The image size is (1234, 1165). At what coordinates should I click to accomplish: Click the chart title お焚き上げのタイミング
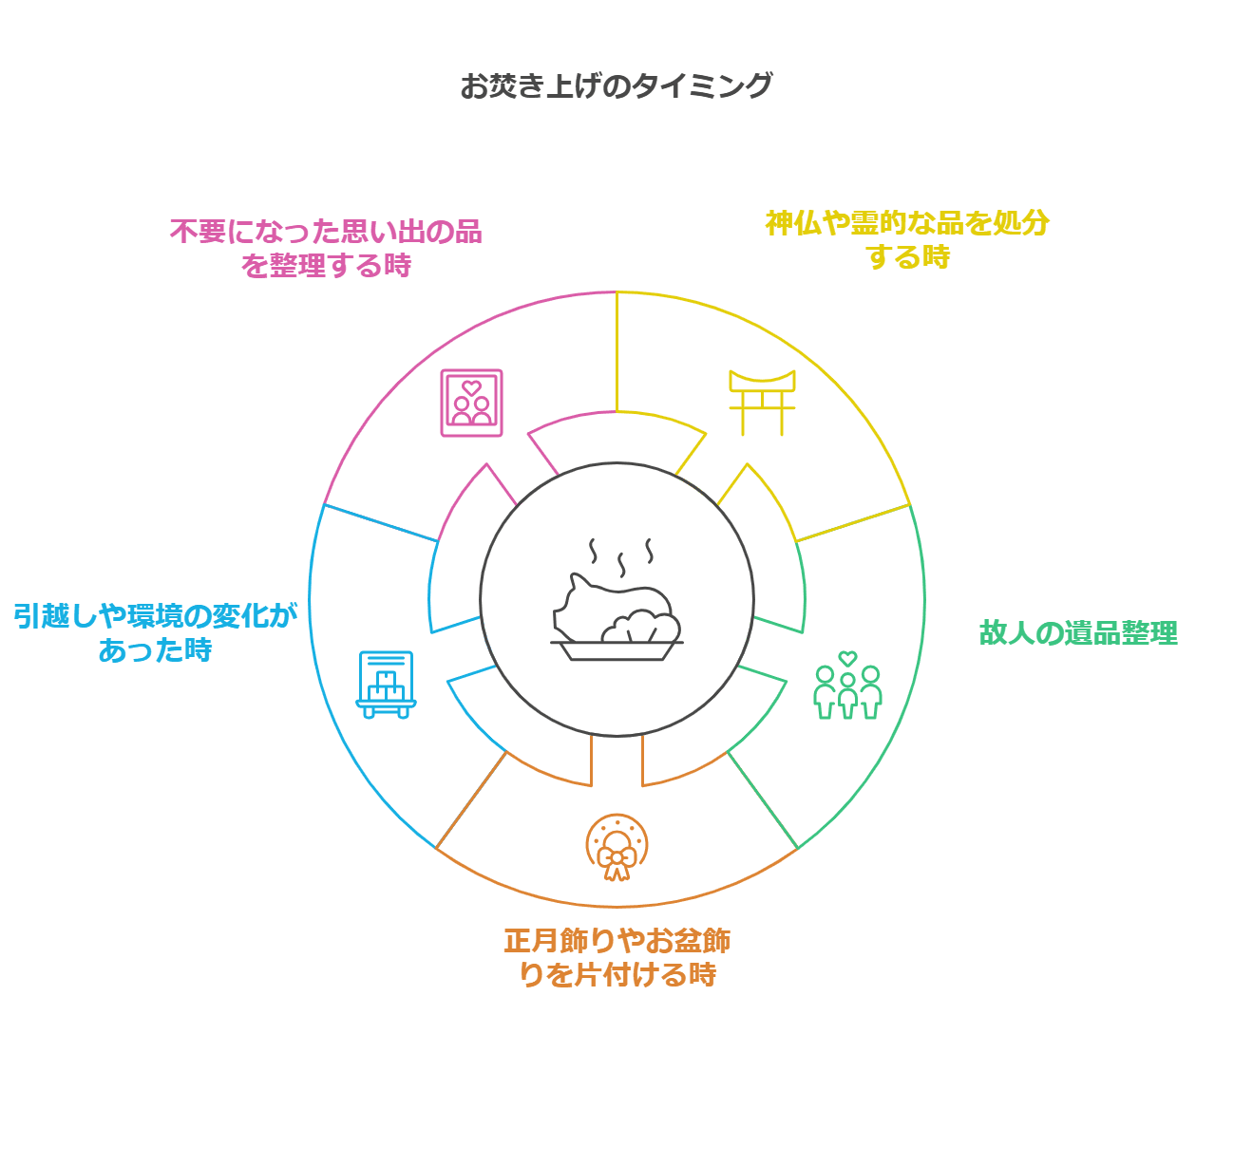click(616, 85)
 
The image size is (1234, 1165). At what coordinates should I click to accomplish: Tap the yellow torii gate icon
click(761, 403)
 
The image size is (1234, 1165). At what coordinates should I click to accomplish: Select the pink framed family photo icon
click(471, 403)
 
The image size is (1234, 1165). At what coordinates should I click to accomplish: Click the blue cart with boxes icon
click(386, 685)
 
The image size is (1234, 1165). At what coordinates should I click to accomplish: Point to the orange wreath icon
click(617, 847)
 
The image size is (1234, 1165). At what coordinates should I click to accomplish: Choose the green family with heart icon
click(847, 686)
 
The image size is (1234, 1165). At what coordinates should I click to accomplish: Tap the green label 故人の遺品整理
click(1078, 632)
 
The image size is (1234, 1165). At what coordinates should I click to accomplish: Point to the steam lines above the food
click(621, 555)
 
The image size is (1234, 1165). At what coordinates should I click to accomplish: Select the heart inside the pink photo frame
click(471, 387)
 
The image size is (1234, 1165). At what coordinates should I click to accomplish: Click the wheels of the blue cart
click(386, 712)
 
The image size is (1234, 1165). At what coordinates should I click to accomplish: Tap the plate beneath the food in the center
click(617, 650)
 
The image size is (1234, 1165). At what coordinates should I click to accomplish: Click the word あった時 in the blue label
click(155, 650)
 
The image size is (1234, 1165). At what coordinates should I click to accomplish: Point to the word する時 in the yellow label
click(907, 257)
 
